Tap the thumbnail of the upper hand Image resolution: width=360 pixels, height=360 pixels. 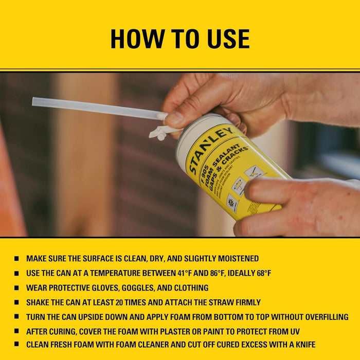coord(175,119)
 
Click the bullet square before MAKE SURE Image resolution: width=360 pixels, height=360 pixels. coord(17,259)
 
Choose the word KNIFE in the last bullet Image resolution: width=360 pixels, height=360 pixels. coord(302,344)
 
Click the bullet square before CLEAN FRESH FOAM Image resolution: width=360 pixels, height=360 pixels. coord(17,344)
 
